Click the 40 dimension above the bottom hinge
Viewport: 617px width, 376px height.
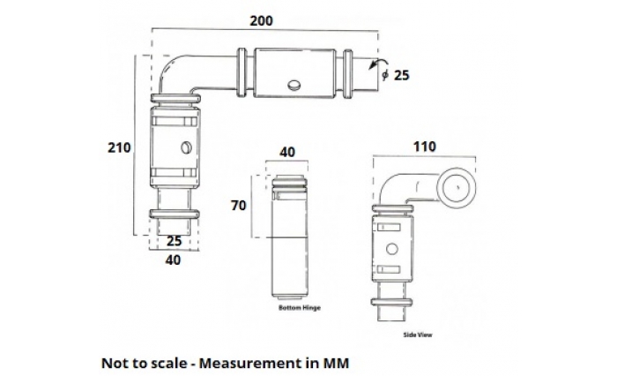286,152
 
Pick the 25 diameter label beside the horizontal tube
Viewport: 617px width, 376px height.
401,76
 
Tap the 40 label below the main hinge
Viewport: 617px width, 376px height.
173,259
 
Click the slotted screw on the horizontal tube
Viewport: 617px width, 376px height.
294,86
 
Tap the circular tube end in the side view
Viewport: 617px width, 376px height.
457,187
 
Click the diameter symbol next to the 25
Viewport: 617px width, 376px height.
385,77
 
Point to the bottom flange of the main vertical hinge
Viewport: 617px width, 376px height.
174,214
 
